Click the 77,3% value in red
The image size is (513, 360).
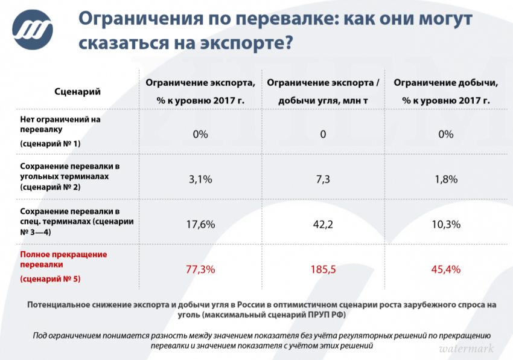point(200,269)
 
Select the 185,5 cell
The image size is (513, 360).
point(323,269)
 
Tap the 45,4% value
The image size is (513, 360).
point(446,269)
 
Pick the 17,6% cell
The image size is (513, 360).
point(200,224)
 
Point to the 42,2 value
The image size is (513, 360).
point(323,224)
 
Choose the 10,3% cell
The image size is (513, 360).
point(446,224)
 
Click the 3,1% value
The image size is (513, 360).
point(200,179)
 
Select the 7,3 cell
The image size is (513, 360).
point(323,179)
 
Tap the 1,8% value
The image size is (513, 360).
point(446,179)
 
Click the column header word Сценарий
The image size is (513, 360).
point(77,92)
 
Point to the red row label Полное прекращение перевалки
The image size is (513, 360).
point(63,259)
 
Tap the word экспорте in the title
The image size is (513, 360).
point(240,44)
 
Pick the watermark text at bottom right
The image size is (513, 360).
point(466,349)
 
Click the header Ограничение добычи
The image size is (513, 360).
point(445,83)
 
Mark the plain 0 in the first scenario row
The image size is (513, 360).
point(323,134)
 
